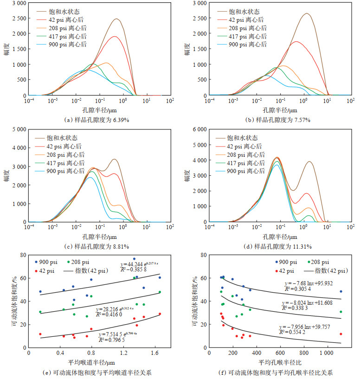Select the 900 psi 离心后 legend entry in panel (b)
tap(249, 45)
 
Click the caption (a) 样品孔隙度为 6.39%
tap(96, 120)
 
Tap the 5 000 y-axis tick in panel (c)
tap(19, 129)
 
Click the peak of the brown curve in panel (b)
tap(307, 13)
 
